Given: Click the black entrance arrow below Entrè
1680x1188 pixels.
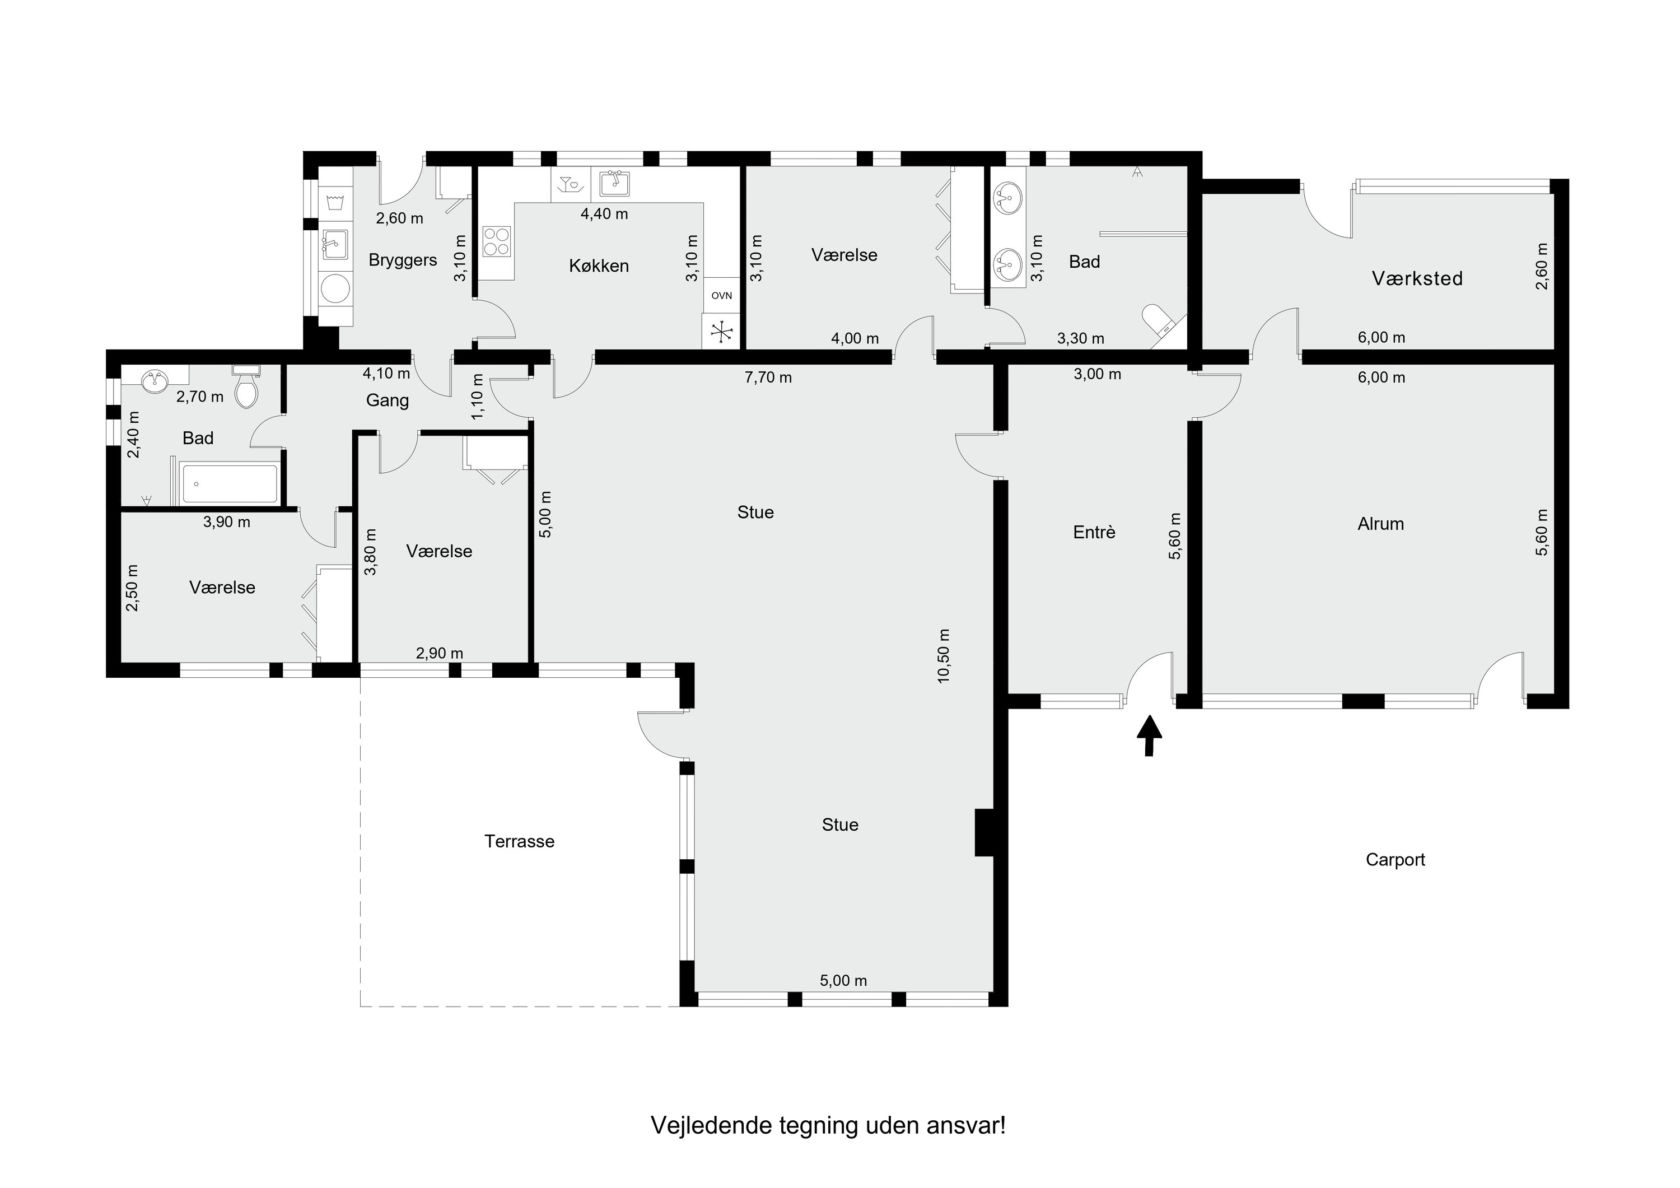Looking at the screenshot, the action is click(1149, 735).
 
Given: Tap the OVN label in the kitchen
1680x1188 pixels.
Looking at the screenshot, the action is click(721, 296).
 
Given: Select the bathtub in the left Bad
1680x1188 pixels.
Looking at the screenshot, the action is click(230, 484).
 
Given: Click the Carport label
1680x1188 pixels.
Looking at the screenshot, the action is click(1396, 859).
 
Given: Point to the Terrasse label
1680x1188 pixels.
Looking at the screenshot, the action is click(520, 841).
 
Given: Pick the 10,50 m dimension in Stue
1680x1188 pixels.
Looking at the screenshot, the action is click(944, 656).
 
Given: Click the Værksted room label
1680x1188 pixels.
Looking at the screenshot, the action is click(1417, 278).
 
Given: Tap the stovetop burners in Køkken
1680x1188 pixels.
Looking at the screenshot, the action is click(497, 241).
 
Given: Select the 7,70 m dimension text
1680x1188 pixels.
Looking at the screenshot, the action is click(768, 378).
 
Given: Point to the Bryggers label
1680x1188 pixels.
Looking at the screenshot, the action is click(403, 260).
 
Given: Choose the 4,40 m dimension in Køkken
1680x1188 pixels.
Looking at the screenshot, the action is click(604, 214).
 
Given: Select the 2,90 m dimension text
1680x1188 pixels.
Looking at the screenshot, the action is click(440, 653).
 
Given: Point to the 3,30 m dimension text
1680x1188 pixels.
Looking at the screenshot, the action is click(1081, 338).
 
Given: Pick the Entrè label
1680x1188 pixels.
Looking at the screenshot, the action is click(1095, 532).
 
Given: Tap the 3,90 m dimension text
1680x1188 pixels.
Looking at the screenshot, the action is click(227, 522).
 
